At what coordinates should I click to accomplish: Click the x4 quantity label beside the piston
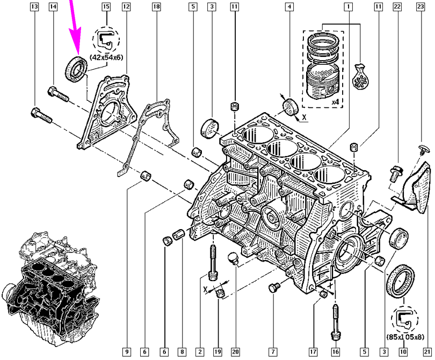(x=334, y=102)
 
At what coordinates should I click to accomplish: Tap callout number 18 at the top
(x=156, y=7)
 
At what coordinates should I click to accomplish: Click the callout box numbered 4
(x=289, y=7)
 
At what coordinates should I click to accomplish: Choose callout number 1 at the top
(x=349, y=7)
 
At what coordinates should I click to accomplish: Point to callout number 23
(x=420, y=7)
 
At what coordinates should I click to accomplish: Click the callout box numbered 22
(x=397, y=7)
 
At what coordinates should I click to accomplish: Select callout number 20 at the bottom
(x=235, y=352)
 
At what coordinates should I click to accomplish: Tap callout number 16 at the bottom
(x=335, y=352)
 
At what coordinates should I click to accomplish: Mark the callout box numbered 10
(x=402, y=352)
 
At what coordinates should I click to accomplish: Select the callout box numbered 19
(x=217, y=352)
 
